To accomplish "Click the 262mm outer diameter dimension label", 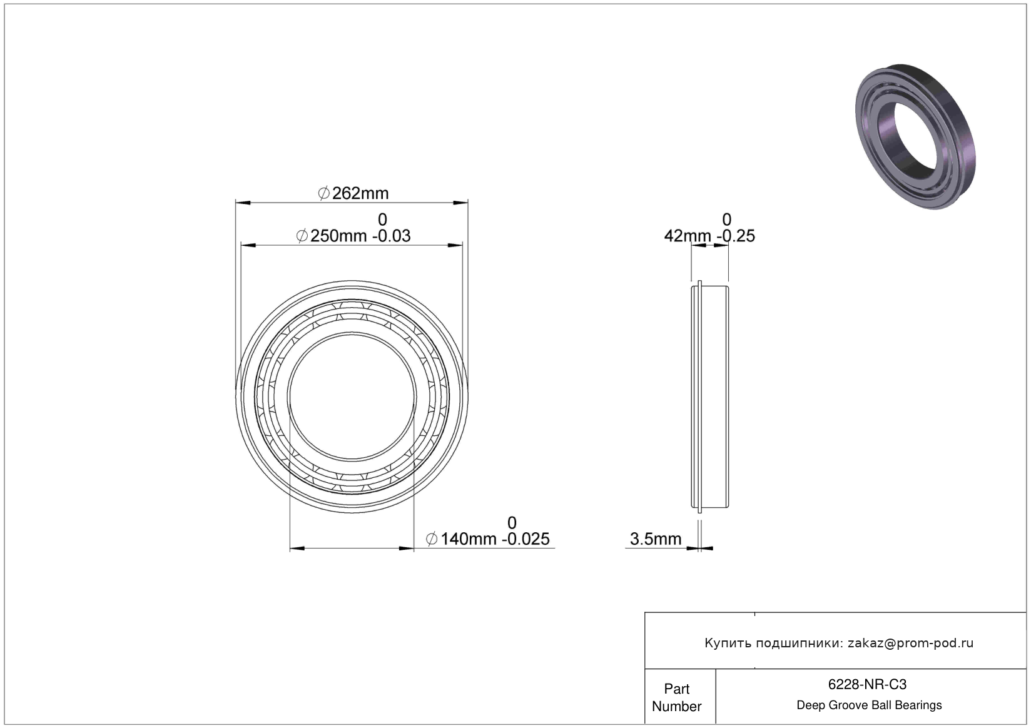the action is [353, 193].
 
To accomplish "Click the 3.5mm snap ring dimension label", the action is [656, 539].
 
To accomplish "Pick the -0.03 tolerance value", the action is [391, 236].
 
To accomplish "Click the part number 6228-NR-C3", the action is [867, 685].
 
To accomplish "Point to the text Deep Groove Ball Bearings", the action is [869, 705].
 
